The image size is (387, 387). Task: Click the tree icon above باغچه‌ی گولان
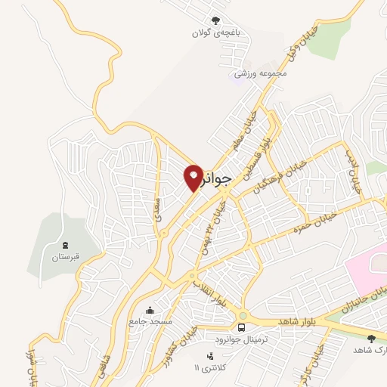[217, 21]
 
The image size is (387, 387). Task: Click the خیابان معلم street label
[248, 125]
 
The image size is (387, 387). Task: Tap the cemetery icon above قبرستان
[65, 245]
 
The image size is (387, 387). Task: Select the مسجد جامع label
[150, 321]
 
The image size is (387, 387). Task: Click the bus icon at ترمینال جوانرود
[241, 327]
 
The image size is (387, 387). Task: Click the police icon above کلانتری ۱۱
[209, 356]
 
